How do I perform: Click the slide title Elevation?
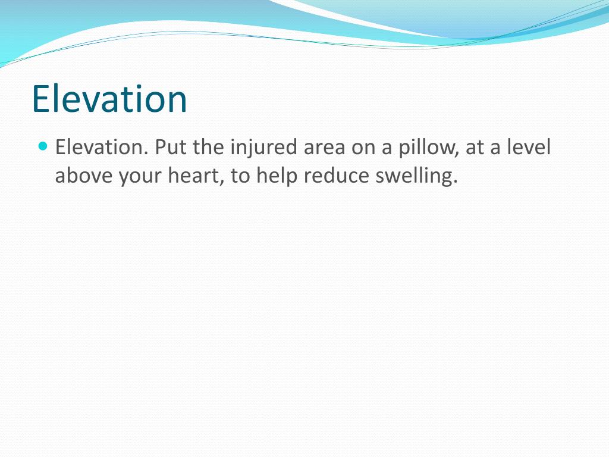(x=109, y=99)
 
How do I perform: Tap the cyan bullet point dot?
(x=42, y=145)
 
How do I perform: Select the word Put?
(x=171, y=147)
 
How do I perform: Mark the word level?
(x=529, y=147)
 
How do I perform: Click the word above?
(x=84, y=177)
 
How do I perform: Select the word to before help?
(x=240, y=177)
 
